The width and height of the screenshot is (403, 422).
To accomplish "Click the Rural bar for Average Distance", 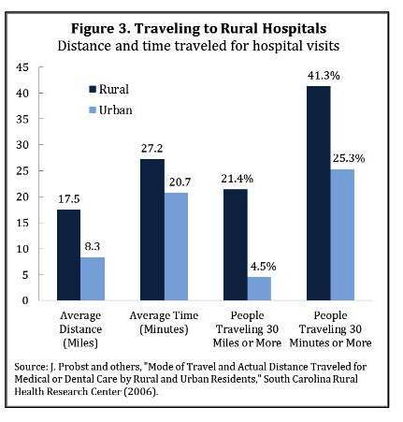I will tap(68, 255).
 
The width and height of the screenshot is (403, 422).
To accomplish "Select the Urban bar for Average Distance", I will tap(94, 278).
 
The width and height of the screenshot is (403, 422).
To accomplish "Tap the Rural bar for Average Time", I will tap(152, 229).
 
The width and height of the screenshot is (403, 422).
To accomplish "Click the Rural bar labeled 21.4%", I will tap(237, 244).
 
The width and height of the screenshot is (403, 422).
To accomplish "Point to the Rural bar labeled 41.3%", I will tap(321, 192).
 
